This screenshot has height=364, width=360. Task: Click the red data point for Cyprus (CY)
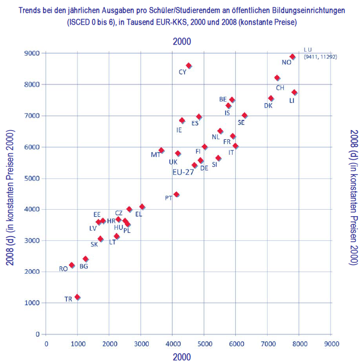(x=189, y=66)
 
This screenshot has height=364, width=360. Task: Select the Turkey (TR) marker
(x=77, y=297)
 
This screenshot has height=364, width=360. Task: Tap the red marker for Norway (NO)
(x=292, y=56)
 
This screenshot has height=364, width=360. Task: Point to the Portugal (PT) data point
(x=176, y=195)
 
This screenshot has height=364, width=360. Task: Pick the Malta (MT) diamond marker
(x=161, y=151)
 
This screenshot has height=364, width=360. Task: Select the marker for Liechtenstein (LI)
(x=294, y=92)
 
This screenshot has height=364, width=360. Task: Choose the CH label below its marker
(x=280, y=88)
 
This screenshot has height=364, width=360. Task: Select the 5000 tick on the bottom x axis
(x=204, y=343)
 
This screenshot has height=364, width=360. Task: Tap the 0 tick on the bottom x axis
(x=46, y=343)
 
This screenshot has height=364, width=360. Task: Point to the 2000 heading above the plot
(x=182, y=41)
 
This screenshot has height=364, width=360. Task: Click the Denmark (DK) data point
(x=271, y=98)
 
